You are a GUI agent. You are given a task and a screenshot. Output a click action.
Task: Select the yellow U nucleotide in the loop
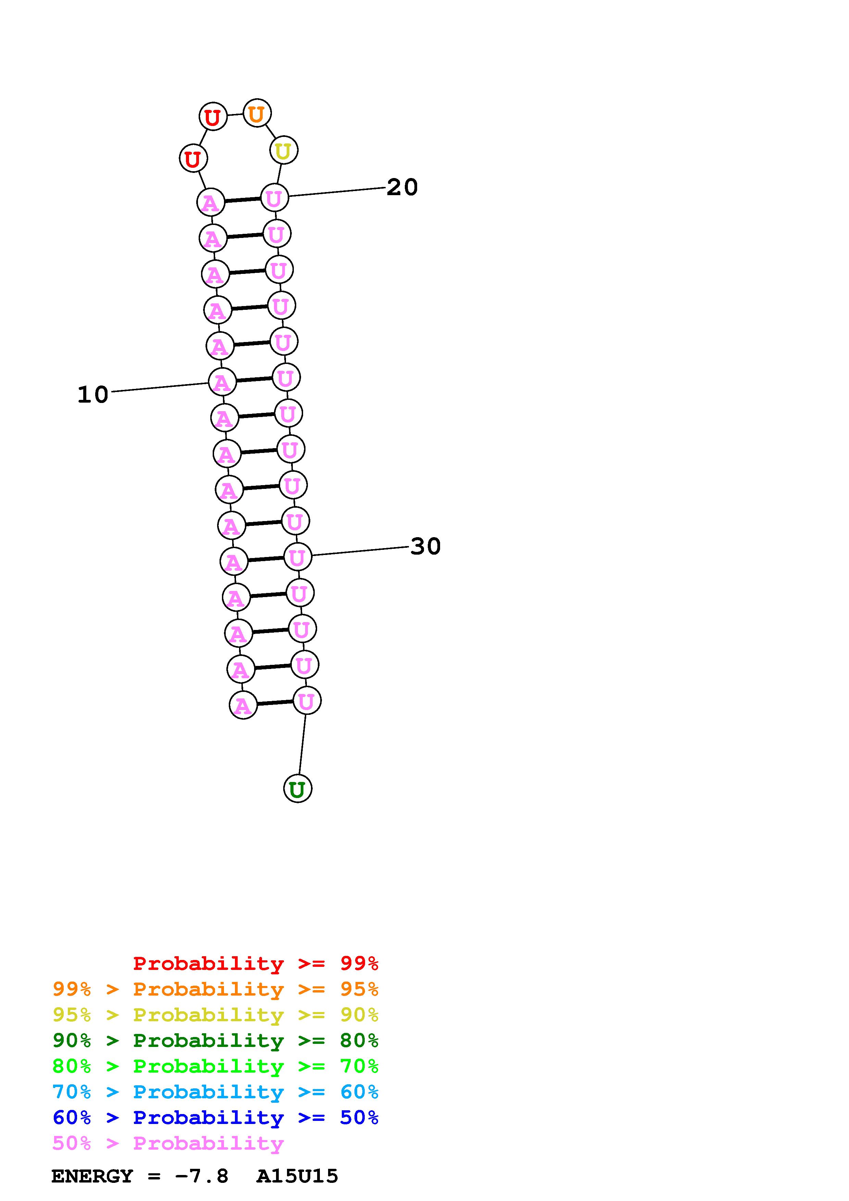click(x=284, y=151)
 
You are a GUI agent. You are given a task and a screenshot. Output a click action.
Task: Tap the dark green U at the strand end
click(x=298, y=789)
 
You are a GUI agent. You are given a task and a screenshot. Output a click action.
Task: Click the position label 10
click(x=93, y=394)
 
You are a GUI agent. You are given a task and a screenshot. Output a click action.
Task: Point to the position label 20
click(x=402, y=187)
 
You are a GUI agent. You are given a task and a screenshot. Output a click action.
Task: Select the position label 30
click(x=426, y=546)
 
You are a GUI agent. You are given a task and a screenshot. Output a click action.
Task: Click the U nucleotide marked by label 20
click(x=274, y=198)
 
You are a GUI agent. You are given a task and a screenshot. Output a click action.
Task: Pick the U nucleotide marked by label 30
click(x=297, y=557)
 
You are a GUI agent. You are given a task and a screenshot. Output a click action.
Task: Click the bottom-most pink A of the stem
click(x=243, y=705)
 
